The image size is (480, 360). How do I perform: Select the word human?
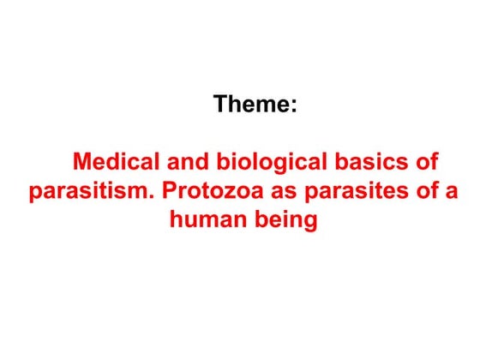[206, 220]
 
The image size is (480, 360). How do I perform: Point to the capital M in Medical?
[82, 162]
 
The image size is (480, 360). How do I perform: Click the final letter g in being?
[309, 222]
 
